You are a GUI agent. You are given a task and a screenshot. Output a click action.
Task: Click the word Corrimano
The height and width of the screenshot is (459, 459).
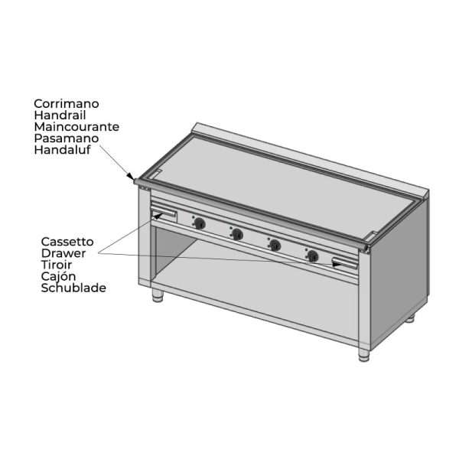pos(67,103)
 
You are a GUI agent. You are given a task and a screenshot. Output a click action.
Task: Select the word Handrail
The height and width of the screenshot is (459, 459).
pos(60,115)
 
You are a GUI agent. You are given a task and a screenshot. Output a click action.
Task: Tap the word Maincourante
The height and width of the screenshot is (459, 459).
pos(76,127)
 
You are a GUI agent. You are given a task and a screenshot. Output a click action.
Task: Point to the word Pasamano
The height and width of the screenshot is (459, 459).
pos(66,138)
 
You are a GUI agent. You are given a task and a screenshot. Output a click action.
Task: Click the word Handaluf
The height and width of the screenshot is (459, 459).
pos(63,150)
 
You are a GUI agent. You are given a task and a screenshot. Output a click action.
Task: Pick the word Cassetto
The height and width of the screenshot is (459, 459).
pos(67,242)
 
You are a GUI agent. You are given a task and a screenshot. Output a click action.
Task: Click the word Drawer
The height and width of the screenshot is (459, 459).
pos(63,253)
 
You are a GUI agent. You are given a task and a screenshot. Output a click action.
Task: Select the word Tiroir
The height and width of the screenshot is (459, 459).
pos(57,265)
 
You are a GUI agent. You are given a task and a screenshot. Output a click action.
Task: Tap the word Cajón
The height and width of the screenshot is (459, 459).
pos(59,276)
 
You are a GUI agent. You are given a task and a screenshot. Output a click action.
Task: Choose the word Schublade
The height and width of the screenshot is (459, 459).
pos(73,288)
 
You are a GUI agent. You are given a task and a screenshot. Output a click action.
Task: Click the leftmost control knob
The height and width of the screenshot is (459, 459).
pos(200,223)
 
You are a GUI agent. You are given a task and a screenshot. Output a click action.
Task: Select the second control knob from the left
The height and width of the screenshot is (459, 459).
pos(237,234)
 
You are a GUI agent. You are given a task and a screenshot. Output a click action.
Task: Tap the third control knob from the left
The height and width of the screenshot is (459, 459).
pos(275,245)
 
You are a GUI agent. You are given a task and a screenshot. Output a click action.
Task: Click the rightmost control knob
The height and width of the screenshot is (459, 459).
pos(313,256)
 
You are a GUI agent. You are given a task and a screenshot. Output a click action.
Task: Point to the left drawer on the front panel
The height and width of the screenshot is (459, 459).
pos(164,214)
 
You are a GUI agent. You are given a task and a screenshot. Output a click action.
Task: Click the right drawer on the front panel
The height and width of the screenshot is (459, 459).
pos(345,263)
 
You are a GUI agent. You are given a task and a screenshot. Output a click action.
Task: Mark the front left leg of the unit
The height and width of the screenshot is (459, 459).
pos(158,295)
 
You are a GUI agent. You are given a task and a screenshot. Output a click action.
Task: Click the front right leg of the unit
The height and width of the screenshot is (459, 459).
pos(364,354)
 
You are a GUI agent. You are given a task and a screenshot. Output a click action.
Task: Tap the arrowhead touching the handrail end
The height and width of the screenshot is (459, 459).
pos(131,176)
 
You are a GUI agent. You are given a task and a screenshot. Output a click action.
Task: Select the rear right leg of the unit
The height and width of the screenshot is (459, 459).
pos(410,318)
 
